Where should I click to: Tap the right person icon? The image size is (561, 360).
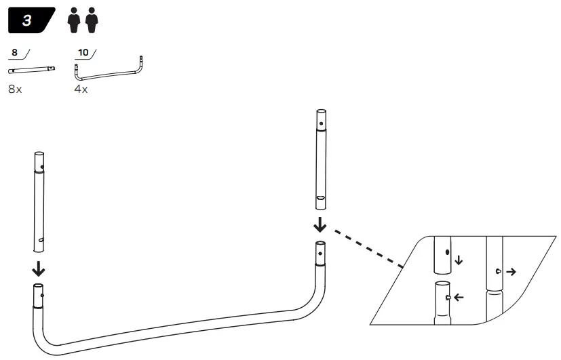click(92, 21)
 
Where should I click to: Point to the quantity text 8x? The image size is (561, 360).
click(15, 89)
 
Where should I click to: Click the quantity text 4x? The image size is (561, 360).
click(81, 89)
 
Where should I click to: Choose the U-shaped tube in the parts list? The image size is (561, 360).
click(109, 72)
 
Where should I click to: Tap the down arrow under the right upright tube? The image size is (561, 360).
click(319, 225)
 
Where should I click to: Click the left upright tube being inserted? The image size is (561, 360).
click(39, 203)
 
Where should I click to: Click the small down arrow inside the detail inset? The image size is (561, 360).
click(459, 260)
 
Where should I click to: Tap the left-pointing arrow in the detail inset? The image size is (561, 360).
click(459, 297)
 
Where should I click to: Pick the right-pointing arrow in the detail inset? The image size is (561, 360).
click(509, 271)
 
